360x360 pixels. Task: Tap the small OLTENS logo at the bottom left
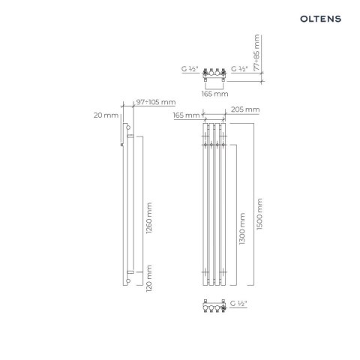point(30,347)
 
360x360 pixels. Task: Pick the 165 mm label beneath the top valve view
point(214,94)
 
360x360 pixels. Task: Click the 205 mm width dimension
point(247,109)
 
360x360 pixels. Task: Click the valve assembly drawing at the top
point(214,76)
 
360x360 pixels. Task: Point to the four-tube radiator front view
point(214,206)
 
